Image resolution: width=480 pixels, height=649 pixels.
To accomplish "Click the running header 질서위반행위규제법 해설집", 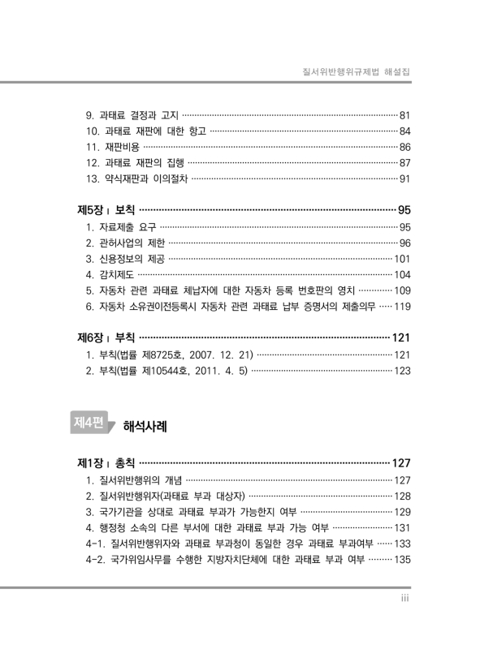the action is click(354, 72).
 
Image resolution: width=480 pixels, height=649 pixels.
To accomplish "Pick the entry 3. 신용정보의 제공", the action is click(125, 260).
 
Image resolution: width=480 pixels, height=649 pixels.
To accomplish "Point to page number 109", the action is click(404, 291).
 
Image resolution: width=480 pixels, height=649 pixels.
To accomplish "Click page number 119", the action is click(404, 307).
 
